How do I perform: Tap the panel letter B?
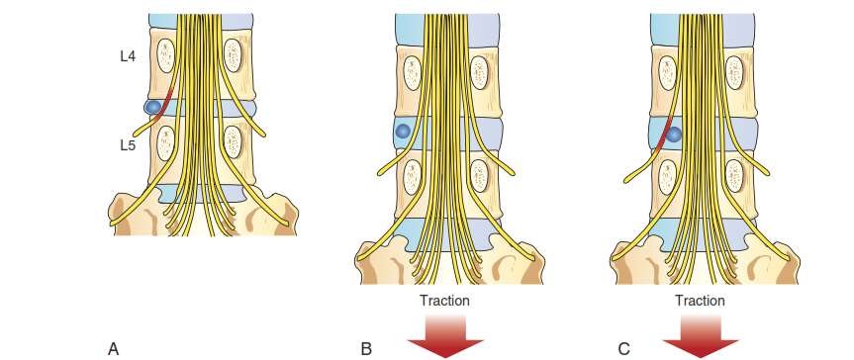point(367,347)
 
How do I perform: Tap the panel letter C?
point(622,347)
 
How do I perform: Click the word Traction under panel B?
point(444,298)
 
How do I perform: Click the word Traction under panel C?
point(701,298)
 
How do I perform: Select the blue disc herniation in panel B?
point(402,131)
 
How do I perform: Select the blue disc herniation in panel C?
point(674,133)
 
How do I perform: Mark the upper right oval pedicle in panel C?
point(736,72)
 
